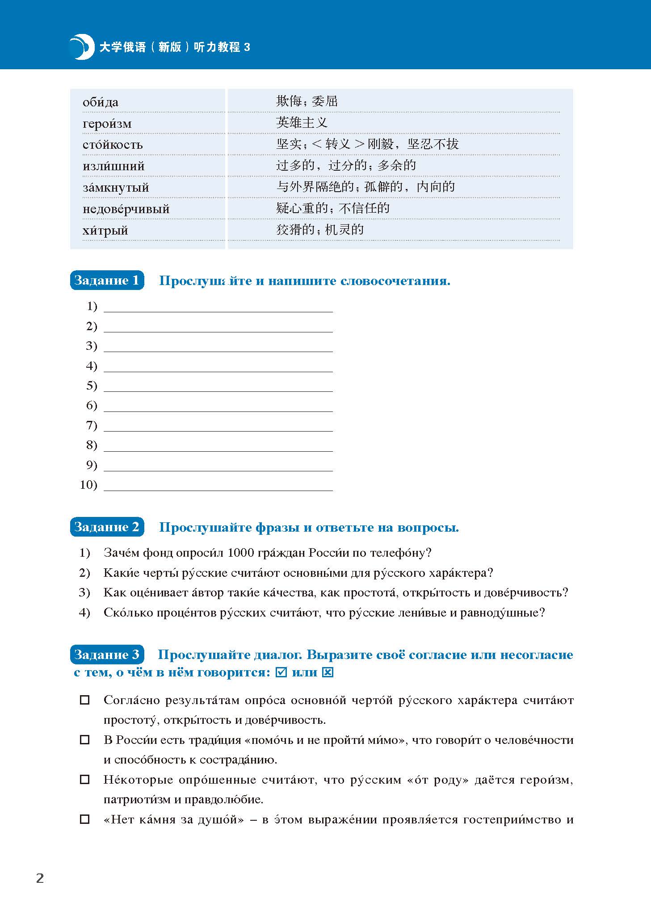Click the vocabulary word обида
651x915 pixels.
[101, 102]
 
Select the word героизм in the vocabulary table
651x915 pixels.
[107, 124]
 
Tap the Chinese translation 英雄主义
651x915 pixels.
[302, 122]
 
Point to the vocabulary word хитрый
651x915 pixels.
[105, 231]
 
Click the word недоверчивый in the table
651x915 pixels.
[126, 209]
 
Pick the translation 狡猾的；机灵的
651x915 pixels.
[320, 230]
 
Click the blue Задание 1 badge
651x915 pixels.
[107, 281]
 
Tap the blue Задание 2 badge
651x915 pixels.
[107, 527]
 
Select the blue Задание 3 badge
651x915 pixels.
[107, 655]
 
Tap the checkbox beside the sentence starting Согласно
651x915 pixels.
[84, 700]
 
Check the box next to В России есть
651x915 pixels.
[84, 740]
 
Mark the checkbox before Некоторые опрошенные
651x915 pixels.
[84, 780]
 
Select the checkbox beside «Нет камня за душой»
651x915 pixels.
[84, 819]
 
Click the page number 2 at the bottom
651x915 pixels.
[40, 878]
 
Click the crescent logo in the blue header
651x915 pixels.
[81, 46]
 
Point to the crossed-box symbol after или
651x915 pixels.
[328, 672]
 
